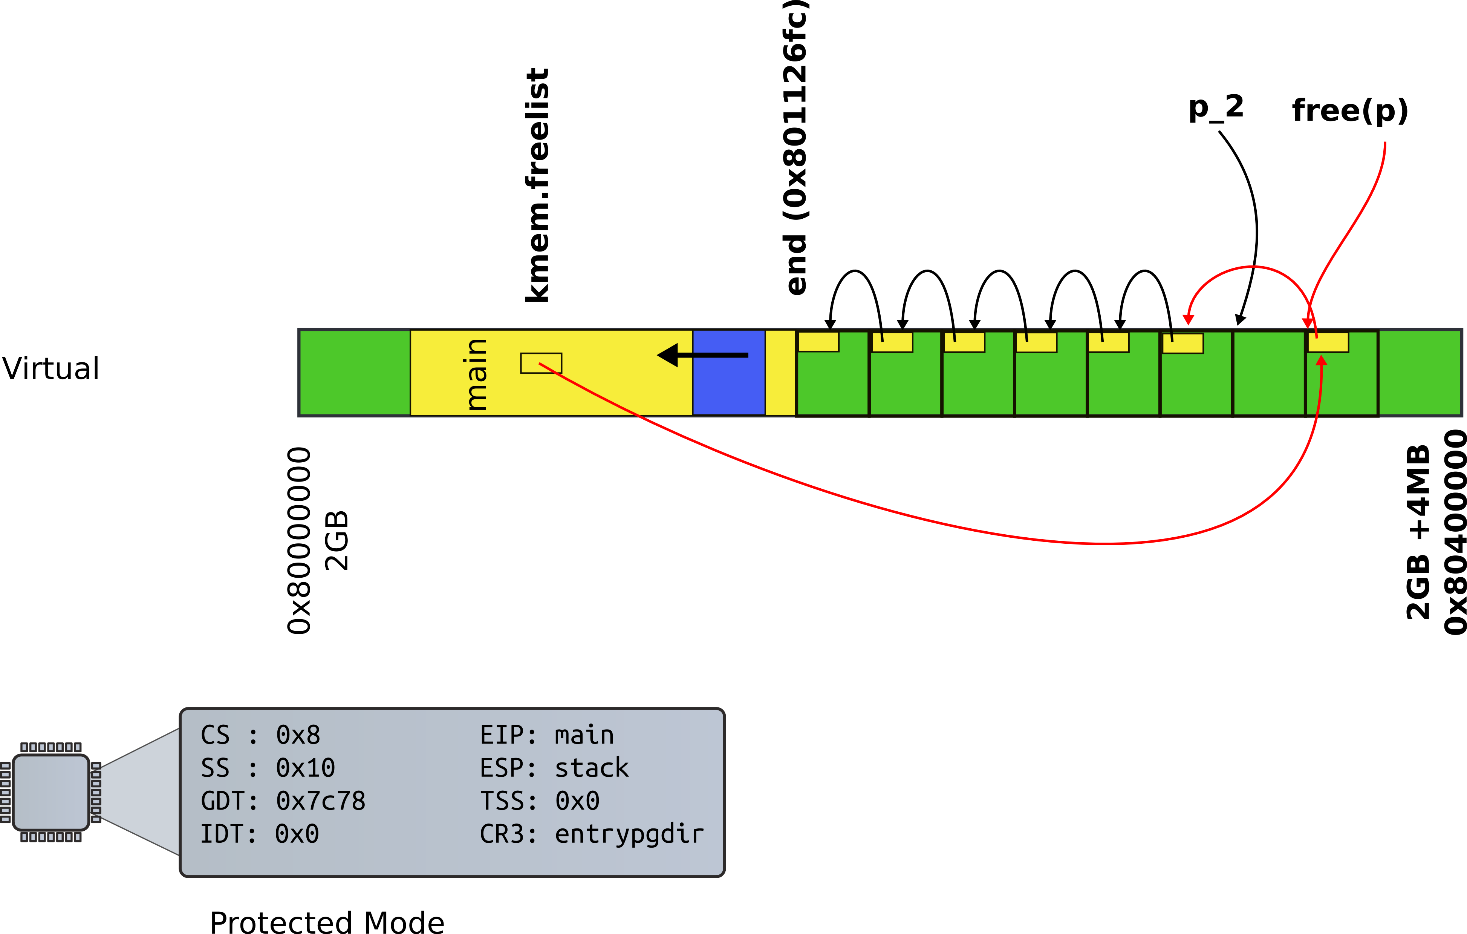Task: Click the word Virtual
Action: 50,368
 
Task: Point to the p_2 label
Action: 1215,109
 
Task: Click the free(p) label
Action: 1349,111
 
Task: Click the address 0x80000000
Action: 299,540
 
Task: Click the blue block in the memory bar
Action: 729,373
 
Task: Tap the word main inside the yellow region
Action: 476,374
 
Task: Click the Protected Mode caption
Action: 327,922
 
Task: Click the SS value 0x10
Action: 305,768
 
